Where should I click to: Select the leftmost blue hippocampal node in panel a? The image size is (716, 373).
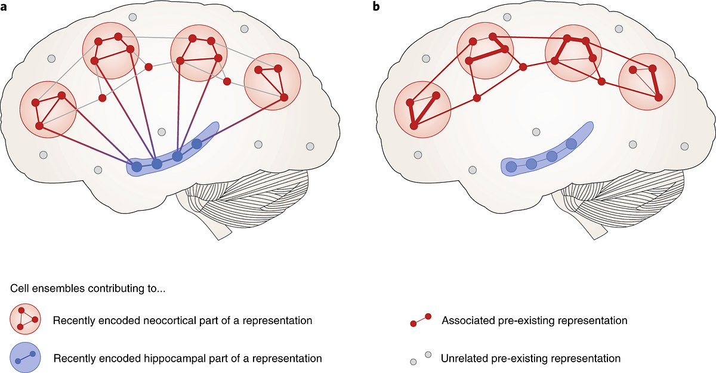tap(137, 167)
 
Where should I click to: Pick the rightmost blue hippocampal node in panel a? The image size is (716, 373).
tap(196, 144)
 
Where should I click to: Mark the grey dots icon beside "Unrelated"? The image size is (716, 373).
tap(420, 358)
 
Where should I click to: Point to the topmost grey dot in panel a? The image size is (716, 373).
tap(132, 18)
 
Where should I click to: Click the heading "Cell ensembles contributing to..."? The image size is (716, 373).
tap(88, 289)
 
